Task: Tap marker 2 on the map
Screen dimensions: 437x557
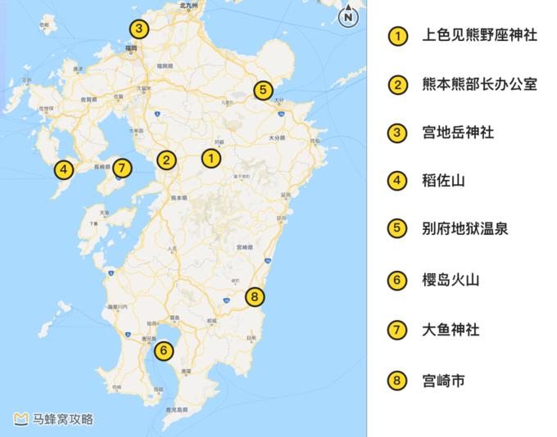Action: click(x=166, y=160)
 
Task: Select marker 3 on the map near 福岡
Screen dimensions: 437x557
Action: click(x=139, y=30)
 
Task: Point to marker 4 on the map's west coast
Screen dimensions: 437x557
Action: click(x=62, y=170)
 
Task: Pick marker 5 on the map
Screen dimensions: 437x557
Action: click(x=261, y=90)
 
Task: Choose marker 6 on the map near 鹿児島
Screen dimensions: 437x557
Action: click(x=164, y=351)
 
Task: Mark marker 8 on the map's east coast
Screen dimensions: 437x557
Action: click(x=256, y=296)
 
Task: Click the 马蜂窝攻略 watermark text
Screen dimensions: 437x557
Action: click(x=63, y=419)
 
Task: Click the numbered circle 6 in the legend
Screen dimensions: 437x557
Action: click(x=397, y=280)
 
